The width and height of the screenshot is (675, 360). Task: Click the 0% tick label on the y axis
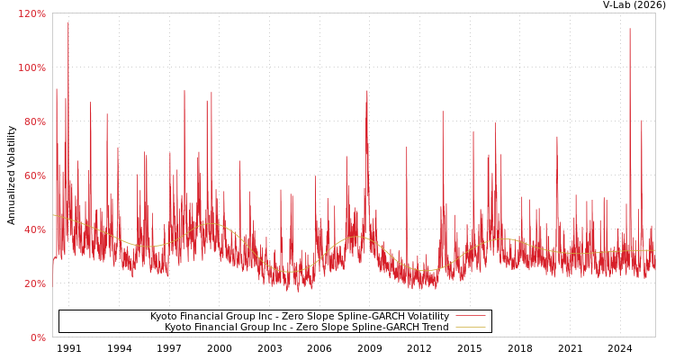(38, 337)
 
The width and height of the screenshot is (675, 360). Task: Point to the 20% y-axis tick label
(35, 283)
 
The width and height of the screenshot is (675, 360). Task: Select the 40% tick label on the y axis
(35, 229)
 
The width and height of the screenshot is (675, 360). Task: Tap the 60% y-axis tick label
(35, 175)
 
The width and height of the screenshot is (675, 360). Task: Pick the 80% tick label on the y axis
(35, 121)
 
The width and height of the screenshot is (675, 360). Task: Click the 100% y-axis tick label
(32, 67)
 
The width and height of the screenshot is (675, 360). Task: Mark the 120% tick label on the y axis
(32, 14)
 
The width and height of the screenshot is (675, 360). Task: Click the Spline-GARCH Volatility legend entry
(299, 317)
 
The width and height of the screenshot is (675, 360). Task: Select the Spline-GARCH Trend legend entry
(306, 328)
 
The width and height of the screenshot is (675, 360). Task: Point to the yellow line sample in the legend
(470, 328)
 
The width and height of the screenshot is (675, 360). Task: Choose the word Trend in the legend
(434, 328)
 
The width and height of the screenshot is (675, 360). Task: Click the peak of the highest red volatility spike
(67, 22)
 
